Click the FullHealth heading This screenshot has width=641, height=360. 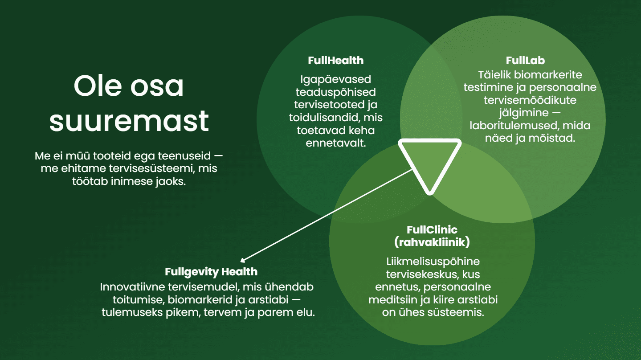(x=335, y=61)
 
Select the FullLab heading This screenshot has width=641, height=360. (x=525, y=61)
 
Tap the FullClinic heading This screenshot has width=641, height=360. (x=432, y=230)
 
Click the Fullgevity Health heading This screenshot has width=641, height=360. (x=211, y=271)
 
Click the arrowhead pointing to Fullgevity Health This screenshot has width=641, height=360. (x=243, y=261)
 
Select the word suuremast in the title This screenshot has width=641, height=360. (x=129, y=120)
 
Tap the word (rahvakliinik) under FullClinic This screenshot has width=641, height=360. (x=432, y=243)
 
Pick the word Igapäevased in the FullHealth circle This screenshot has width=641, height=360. (x=335, y=79)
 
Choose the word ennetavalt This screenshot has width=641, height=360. (x=335, y=144)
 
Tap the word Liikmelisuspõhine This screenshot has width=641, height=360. (x=432, y=261)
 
